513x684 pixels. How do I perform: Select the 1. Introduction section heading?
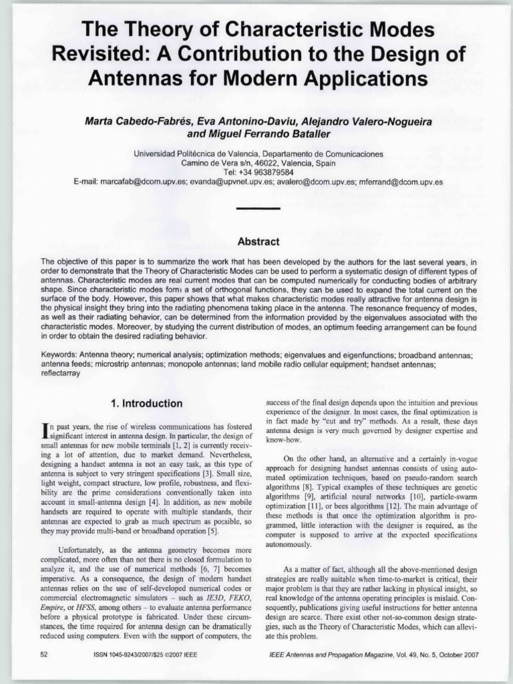(x=146, y=403)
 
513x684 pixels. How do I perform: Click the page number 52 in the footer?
(x=44, y=655)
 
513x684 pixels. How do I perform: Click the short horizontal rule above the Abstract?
(x=258, y=208)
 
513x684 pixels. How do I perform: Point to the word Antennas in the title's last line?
(x=132, y=79)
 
